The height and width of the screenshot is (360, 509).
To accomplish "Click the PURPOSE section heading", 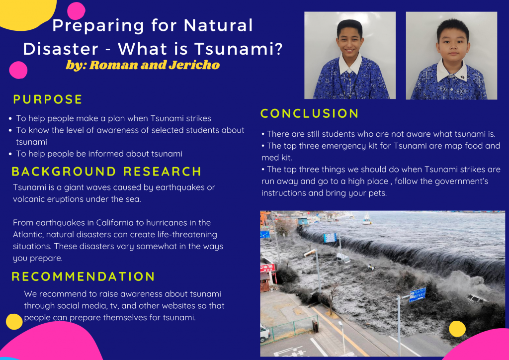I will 48,99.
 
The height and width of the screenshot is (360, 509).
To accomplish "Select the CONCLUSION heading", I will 309,114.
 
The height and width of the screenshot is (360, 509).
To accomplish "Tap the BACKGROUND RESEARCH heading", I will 106,172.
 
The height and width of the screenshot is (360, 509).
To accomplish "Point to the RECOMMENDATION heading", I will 84,276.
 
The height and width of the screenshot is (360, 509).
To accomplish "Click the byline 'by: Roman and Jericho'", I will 143,65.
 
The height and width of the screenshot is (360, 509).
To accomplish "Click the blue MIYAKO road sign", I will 417,294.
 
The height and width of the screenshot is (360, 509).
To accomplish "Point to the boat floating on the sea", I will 366,219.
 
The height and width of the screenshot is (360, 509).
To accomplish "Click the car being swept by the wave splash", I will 476,298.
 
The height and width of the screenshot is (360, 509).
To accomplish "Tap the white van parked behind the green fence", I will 265,332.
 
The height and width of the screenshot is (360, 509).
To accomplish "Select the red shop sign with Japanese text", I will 267,268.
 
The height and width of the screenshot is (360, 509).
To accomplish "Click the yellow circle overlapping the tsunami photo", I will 457,329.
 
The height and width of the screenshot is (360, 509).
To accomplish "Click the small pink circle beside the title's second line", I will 18,70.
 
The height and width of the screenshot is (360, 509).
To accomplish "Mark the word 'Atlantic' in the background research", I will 29,234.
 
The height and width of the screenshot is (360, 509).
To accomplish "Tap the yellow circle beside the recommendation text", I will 14,322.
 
